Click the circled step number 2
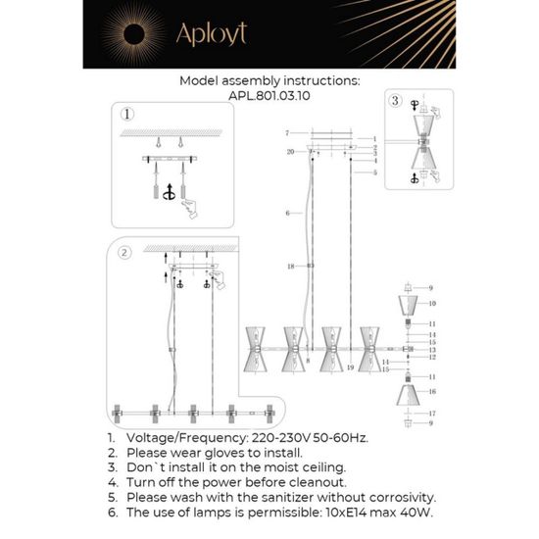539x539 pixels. point(123,253)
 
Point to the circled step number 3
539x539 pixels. point(395,100)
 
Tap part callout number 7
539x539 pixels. point(285,132)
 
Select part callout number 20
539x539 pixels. point(290,152)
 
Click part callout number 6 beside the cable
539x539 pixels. point(287,212)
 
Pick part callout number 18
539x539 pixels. point(290,266)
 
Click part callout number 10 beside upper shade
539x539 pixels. point(430,305)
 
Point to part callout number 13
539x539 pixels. point(431,350)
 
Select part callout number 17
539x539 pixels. point(430,413)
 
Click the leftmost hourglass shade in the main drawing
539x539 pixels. point(258,346)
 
